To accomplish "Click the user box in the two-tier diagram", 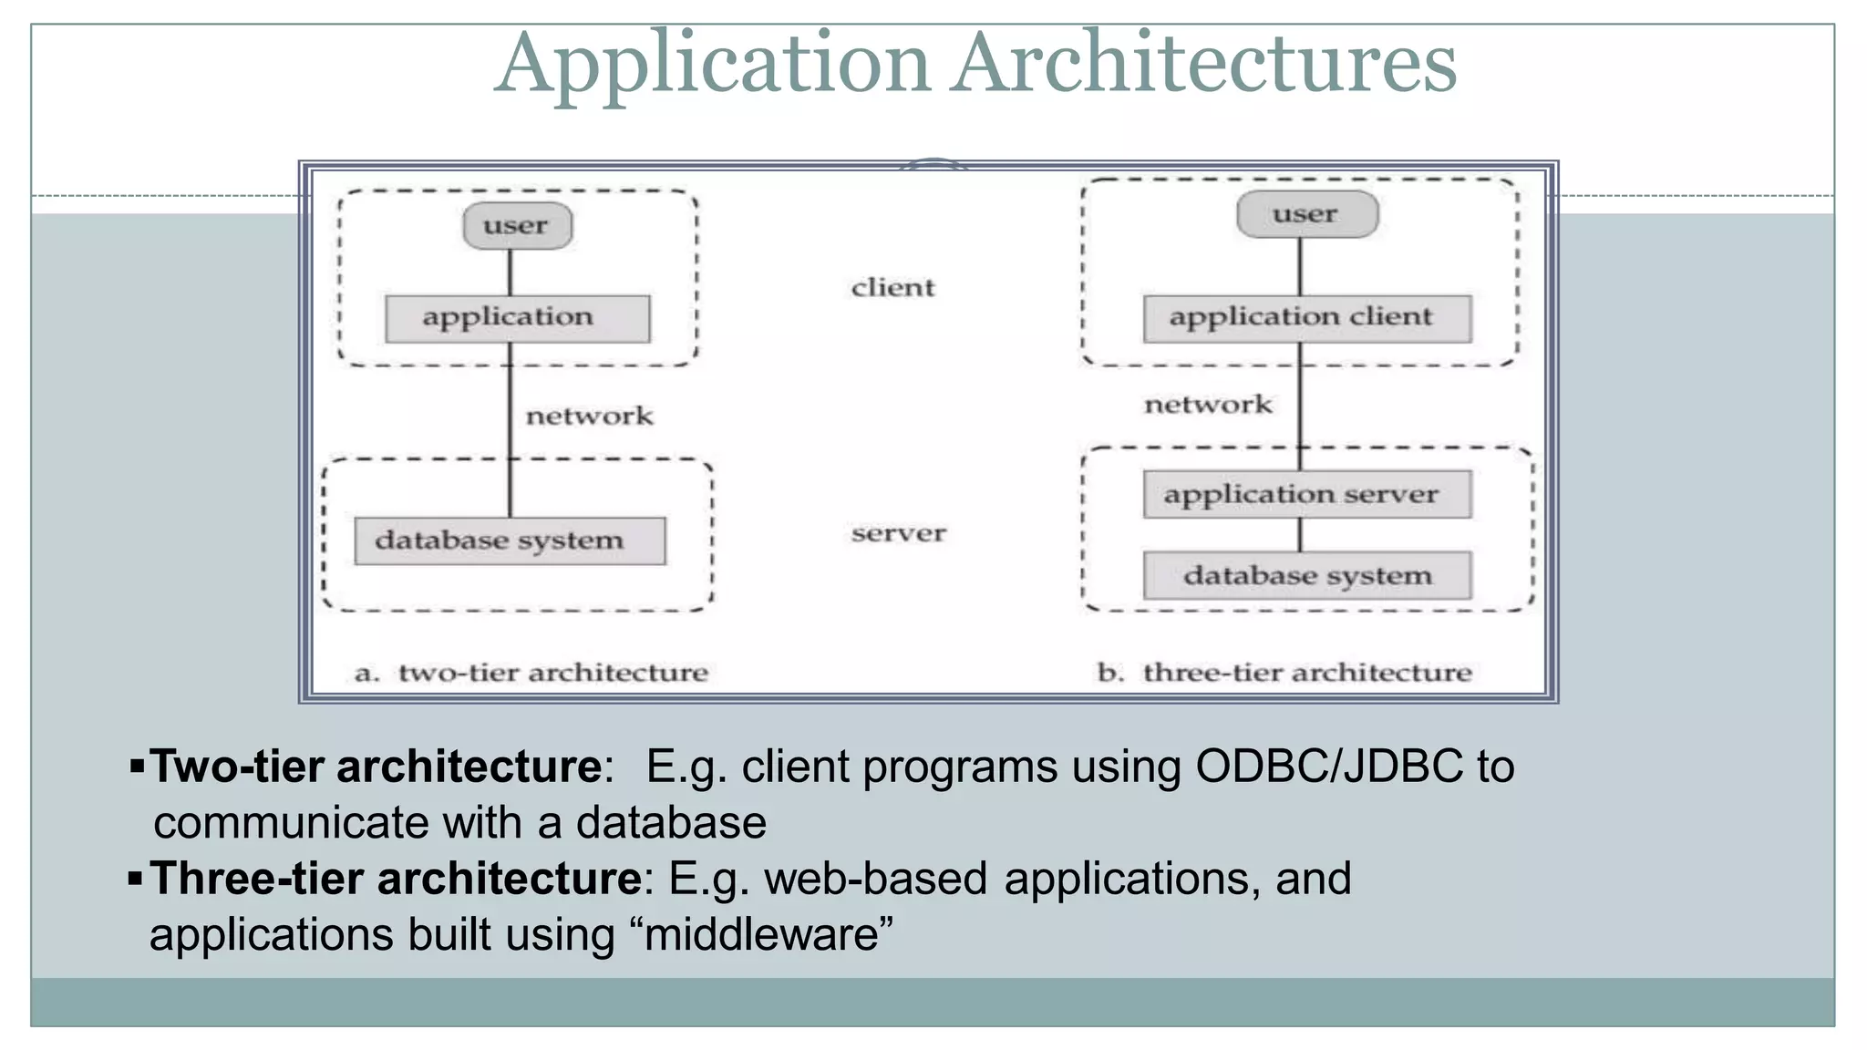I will pyautogui.click(x=517, y=226).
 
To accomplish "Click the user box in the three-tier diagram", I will pyautogui.click(x=1306, y=215).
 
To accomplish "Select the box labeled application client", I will pyautogui.click(x=1306, y=318).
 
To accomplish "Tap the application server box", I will pyautogui.click(x=1306, y=494).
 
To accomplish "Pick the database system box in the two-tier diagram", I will pyautogui.click(x=509, y=540).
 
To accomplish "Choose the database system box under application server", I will pyautogui.click(x=1306, y=575).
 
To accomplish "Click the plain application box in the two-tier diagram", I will pyautogui.click(x=517, y=318).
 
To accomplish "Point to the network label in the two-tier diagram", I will pyautogui.click(x=589, y=417).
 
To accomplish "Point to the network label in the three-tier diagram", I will pyautogui.click(x=1207, y=405).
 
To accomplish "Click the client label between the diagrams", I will pyautogui.click(x=892, y=288).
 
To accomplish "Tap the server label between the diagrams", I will pyautogui.click(x=898, y=533).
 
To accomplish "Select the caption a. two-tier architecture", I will pyautogui.click(x=531, y=673).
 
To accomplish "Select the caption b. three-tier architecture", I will pyautogui.click(x=1284, y=673).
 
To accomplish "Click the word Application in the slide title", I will pyautogui.click(x=713, y=64).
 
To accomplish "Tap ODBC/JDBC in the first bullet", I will pyautogui.click(x=1328, y=767).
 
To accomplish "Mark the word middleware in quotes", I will pyautogui.click(x=761, y=935).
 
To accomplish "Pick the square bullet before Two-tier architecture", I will pyautogui.click(x=138, y=766).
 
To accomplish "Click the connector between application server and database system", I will pyautogui.click(x=1300, y=535).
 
